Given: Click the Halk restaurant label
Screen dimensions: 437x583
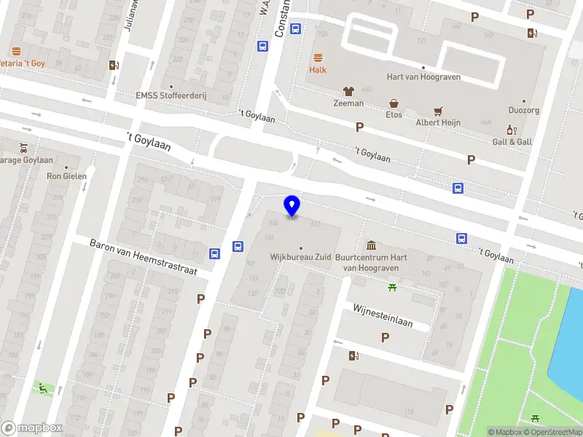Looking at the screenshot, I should [318, 70].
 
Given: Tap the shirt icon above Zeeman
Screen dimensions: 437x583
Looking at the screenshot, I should [348, 92].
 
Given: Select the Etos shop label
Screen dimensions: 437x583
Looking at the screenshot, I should [394, 114].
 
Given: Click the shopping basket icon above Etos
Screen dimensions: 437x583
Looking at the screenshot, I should [394, 103].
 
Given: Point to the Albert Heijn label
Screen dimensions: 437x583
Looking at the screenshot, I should [437, 122].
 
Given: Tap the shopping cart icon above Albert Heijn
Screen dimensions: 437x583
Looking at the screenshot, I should [437, 111].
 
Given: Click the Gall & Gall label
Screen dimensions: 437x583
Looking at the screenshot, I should [512, 141].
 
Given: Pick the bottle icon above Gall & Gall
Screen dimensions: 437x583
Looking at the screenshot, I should [512, 130].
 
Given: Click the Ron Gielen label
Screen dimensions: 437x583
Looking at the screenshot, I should [66, 176].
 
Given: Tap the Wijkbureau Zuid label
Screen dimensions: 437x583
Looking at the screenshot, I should [301, 258].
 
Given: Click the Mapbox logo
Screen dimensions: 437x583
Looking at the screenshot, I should [32, 428].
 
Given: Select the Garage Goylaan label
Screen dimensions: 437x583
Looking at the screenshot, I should [26, 160].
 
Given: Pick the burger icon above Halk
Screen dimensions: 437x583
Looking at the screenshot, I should [318, 58].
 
